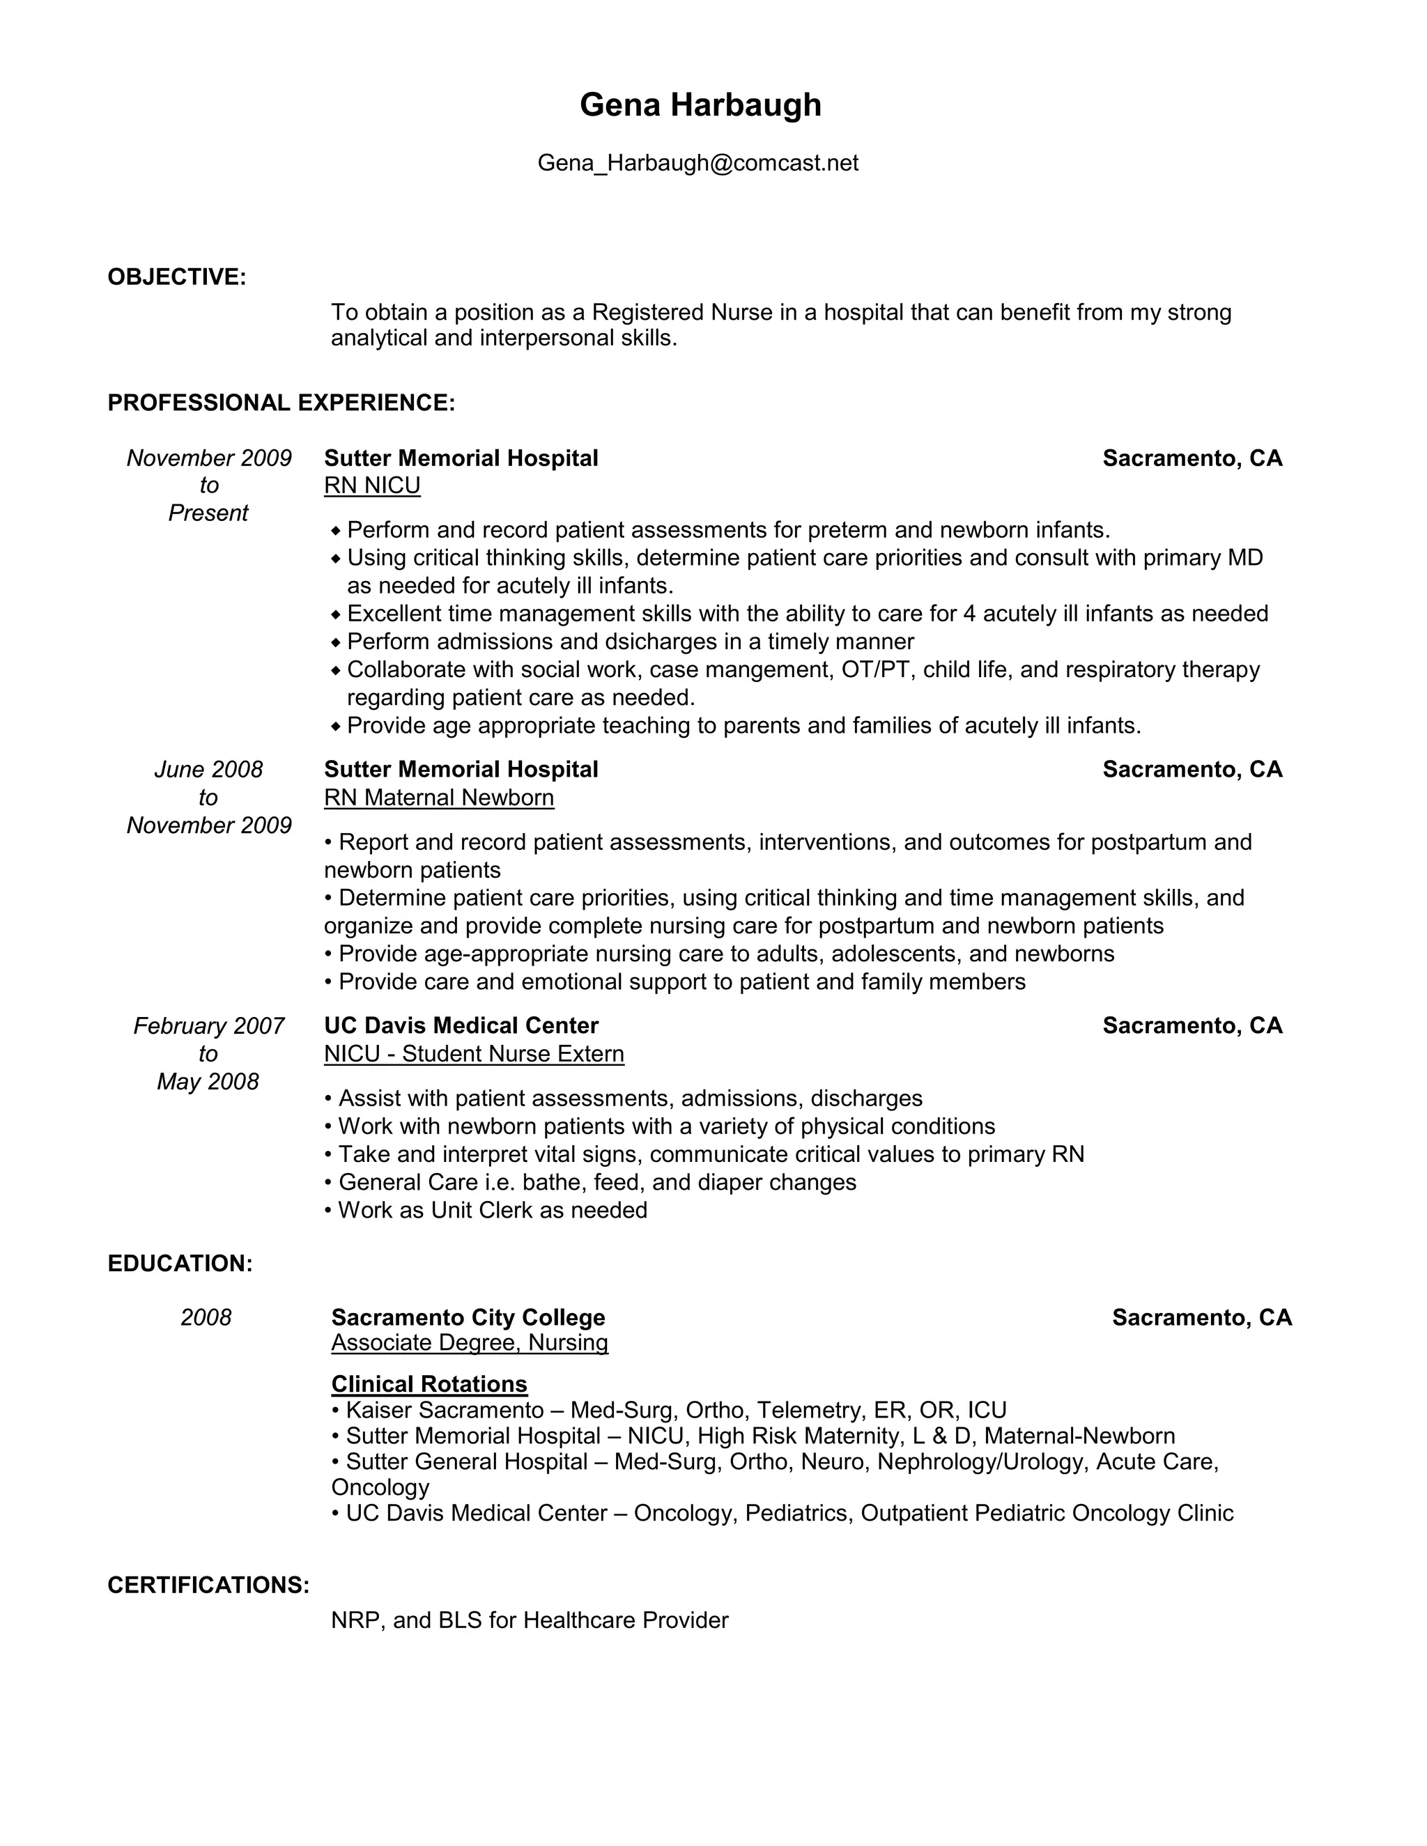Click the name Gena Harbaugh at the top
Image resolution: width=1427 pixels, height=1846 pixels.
pos(700,104)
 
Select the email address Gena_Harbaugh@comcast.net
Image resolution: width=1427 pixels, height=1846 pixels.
pos(697,162)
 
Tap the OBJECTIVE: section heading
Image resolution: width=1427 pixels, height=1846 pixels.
pos(177,277)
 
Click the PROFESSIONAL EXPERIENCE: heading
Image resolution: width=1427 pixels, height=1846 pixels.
pos(281,403)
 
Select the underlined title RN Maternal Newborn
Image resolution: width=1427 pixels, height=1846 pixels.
pos(439,797)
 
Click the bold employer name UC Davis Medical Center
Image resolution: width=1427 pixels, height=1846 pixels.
pos(461,1025)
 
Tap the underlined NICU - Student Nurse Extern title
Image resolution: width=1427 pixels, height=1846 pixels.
pos(473,1053)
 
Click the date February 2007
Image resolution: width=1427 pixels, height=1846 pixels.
pos(208,1025)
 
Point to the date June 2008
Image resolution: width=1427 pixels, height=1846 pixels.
pos(208,769)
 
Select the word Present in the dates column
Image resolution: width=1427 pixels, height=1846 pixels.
pos(208,513)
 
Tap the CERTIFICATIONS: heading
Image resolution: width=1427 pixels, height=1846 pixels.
pos(208,1585)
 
